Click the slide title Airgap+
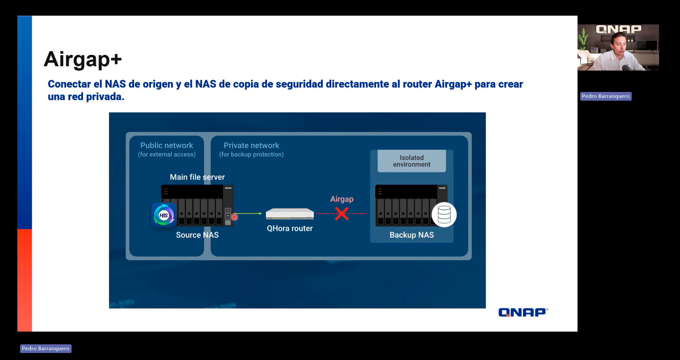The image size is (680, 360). coord(83,59)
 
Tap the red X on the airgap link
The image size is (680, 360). coord(342,214)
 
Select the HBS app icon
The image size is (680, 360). coord(164,215)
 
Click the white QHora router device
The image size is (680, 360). coord(290,214)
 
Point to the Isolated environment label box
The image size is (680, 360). coord(411,161)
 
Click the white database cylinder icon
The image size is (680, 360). coord(444,215)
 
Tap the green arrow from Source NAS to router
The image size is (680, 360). coord(248,213)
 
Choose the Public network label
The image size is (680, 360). coord(167,145)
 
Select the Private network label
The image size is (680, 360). coord(251,145)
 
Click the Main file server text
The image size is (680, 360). coord(197,177)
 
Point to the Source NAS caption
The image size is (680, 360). coord(197,235)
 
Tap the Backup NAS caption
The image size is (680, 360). coord(411,235)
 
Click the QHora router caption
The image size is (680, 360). coord(290,229)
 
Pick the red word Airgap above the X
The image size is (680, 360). coord(342,199)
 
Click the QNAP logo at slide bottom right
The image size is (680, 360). coord(523,312)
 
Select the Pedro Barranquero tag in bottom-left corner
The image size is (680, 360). coord(46,349)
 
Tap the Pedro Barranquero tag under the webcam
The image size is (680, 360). coord(606,96)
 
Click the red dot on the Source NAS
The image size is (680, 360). coord(234,217)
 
